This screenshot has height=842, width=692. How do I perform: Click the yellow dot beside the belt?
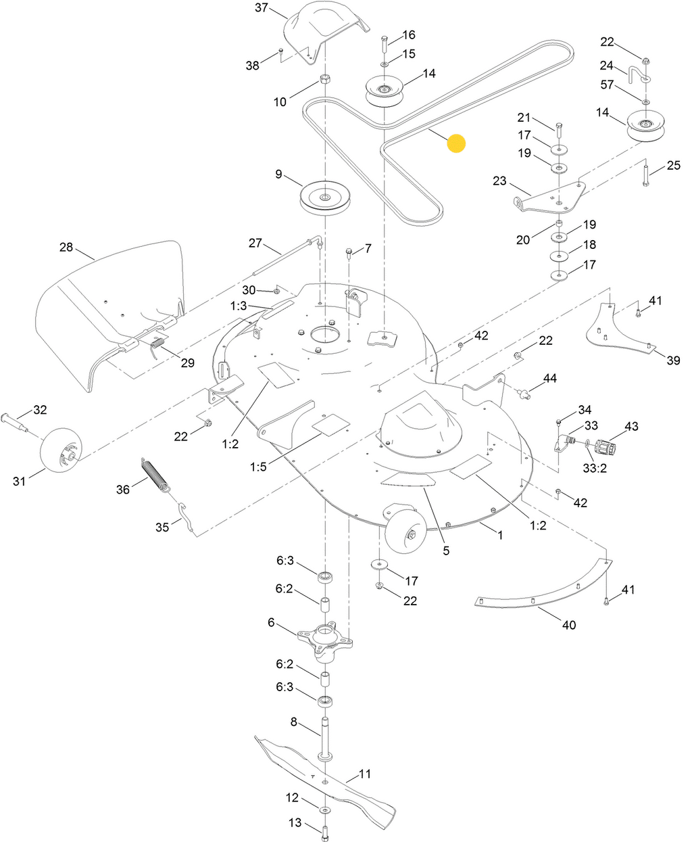click(x=457, y=143)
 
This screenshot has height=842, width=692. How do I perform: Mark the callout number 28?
click(x=66, y=248)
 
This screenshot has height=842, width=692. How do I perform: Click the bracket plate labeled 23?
click(x=549, y=199)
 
